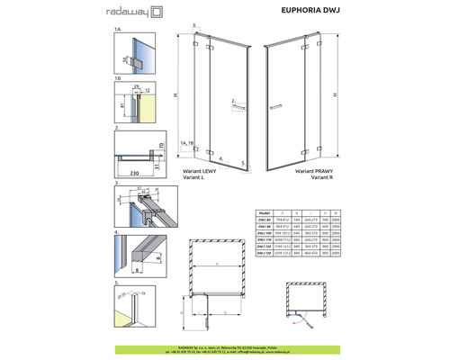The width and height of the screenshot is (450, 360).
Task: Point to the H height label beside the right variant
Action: pyautogui.click(x=335, y=94)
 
